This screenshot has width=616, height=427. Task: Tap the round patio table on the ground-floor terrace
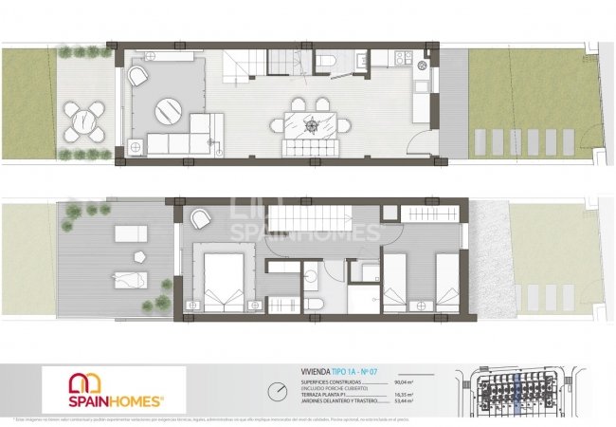coord(87,117)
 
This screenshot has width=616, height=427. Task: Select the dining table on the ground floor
coord(310,124)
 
